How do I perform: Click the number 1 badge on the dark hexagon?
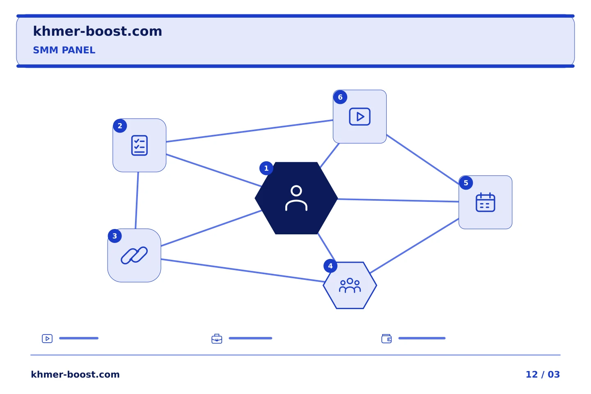click(x=266, y=168)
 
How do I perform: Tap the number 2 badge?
click(x=120, y=126)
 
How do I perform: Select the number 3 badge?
click(x=115, y=236)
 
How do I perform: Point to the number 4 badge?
click(x=330, y=266)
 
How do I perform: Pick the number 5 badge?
click(x=466, y=183)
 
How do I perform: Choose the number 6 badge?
click(x=340, y=97)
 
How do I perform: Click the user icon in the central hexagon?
click(x=296, y=198)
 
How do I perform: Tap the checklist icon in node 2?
click(x=139, y=145)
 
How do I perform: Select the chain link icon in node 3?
click(x=134, y=255)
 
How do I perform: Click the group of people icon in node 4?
click(x=350, y=286)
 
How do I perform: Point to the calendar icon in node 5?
click(x=486, y=202)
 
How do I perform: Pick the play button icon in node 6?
click(x=360, y=117)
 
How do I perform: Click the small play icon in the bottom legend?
click(x=47, y=339)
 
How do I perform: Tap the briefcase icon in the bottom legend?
click(x=217, y=339)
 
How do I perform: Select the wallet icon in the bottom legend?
click(x=387, y=339)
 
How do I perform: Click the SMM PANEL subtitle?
click(x=64, y=50)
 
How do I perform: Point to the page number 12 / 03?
click(x=543, y=374)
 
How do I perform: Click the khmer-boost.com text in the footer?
click(x=75, y=374)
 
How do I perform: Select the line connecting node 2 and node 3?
click(x=137, y=201)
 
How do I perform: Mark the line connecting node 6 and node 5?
click(x=423, y=159)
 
